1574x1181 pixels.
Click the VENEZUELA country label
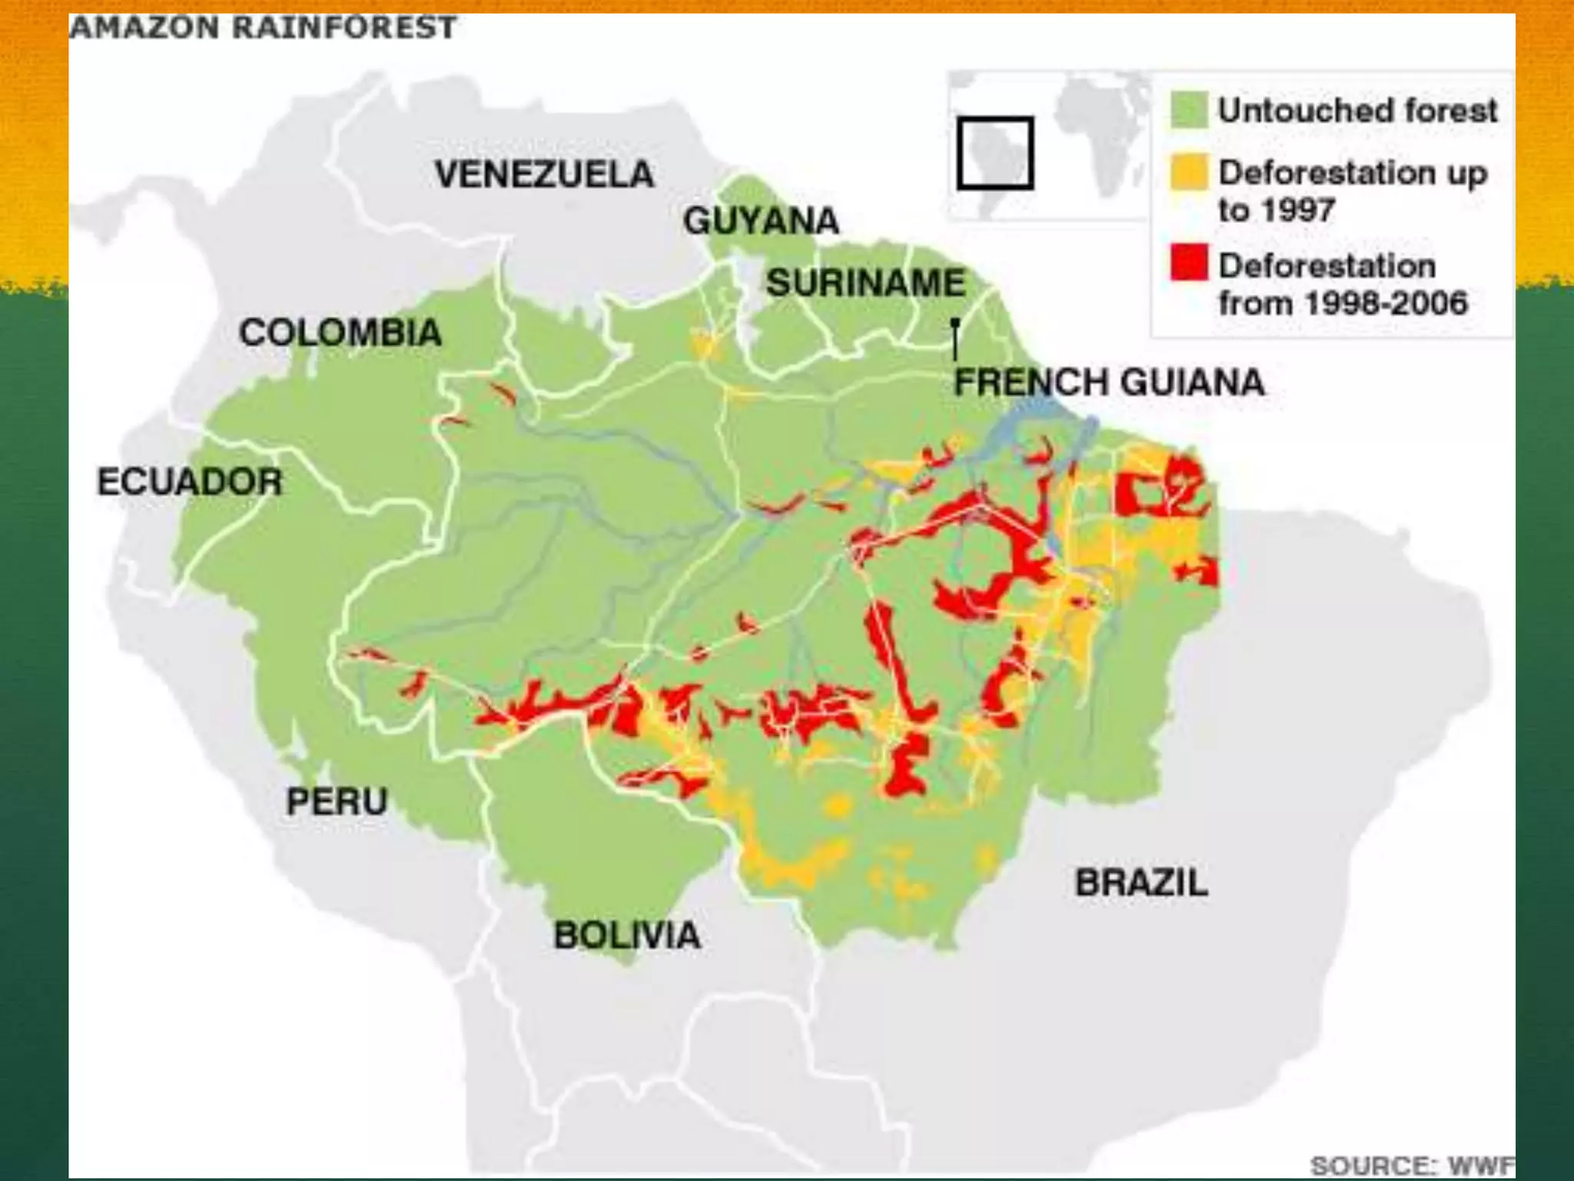(x=544, y=174)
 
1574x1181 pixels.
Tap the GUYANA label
(x=761, y=221)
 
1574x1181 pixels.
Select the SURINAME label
(x=865, y=282)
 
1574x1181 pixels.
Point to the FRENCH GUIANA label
(x=1109, y=382)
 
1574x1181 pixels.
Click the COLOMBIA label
(x=340, y=333)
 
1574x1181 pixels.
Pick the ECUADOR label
(x=190, y=482)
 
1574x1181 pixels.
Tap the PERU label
(x=337, y=801)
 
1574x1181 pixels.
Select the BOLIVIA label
(x=627, y=936)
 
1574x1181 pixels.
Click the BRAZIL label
(x=1141, y=882)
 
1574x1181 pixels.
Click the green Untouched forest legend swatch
(x=1188, y=110)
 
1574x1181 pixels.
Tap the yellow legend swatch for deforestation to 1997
(x=1188, y=172)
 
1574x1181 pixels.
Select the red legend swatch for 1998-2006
(x=1188, y=262)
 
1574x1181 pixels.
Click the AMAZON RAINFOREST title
(x=263, y=28)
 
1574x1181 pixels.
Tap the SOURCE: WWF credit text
(x=1411, y=1165)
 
